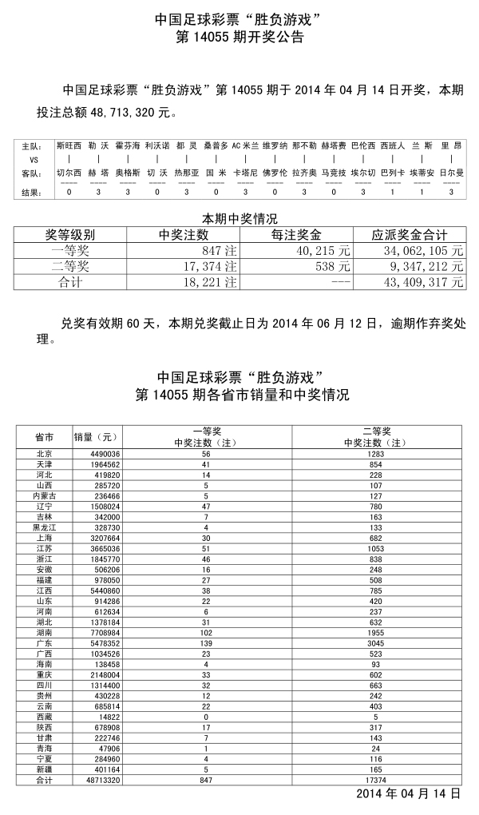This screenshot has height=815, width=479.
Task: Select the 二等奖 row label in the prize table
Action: (69, 266)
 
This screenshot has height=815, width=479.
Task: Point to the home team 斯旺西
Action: (69, 147)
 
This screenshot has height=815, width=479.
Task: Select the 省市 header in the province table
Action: (45, 437)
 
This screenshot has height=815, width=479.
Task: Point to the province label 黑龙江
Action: (45, 527)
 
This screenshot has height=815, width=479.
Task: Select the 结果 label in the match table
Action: (31, 193)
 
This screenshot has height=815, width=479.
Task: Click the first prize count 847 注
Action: (220, 251)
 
